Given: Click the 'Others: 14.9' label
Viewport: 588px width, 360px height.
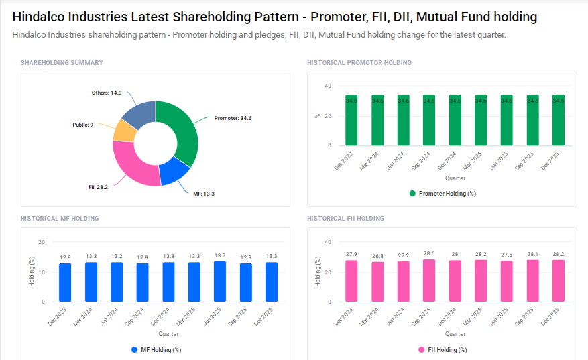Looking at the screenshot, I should [106, 93].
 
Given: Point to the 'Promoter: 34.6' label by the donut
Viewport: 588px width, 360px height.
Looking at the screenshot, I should [233, 118].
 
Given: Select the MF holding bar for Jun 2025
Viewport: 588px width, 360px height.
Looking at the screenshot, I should [220, 282].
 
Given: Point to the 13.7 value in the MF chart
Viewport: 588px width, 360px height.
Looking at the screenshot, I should [220, 255].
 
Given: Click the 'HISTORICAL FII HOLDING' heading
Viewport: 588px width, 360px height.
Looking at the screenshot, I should [345, 219].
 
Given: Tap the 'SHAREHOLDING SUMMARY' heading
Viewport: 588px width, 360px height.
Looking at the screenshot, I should [62, 62].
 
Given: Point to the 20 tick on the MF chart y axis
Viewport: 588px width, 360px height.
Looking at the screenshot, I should [42, 242].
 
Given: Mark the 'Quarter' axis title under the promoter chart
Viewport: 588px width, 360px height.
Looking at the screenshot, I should [455, 178].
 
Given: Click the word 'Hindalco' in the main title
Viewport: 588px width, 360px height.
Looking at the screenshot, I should [42, 17].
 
